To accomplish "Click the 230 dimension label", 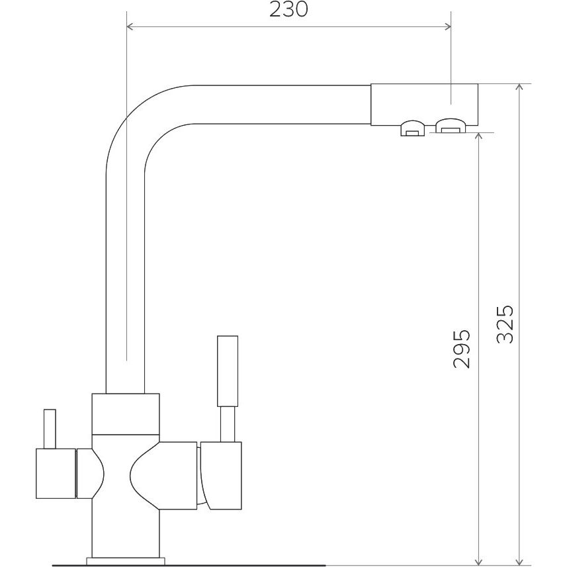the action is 288,9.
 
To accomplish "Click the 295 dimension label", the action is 462,349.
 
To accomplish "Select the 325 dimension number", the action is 505,324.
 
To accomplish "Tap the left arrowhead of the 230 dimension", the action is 130,26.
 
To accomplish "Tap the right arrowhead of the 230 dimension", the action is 447,26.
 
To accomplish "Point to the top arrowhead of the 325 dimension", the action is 519,88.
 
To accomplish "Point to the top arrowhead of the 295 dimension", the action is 479,137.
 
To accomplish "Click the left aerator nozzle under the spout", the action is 413,128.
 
